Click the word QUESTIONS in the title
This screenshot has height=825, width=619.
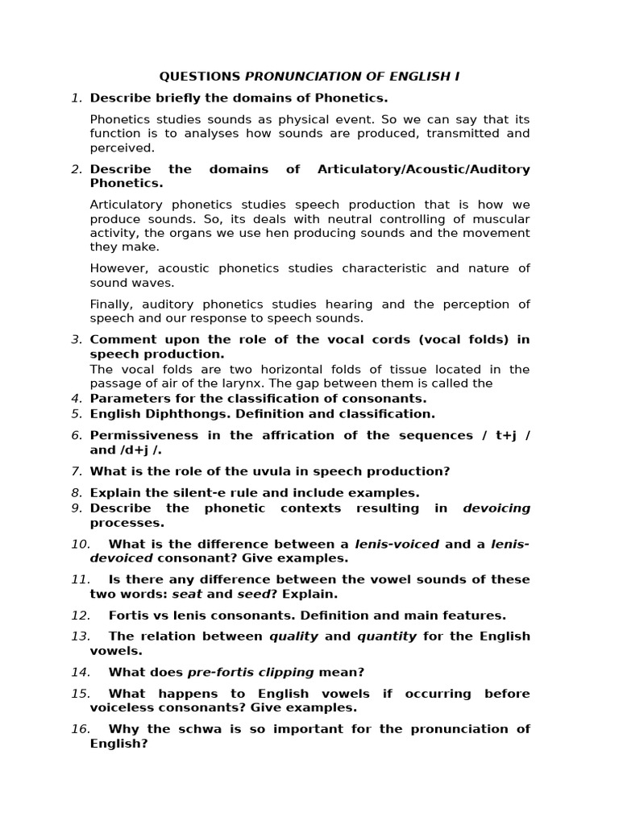200,77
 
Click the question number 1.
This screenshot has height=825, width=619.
77,98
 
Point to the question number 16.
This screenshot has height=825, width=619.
80,729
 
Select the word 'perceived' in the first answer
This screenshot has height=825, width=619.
122,148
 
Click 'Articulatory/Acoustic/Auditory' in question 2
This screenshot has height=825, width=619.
424,169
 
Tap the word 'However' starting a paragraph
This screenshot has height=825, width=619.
118,269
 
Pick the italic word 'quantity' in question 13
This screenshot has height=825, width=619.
386,636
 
